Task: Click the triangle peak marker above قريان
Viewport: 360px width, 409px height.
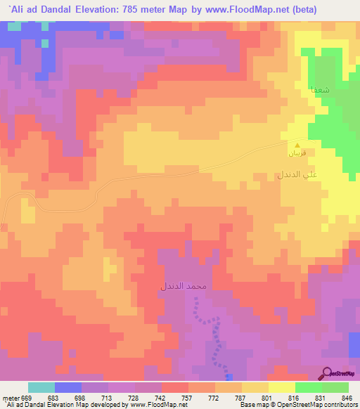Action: [296, 145]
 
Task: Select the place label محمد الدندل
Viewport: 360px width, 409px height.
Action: [183, 287]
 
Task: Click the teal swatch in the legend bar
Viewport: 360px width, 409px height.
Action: [41, 387]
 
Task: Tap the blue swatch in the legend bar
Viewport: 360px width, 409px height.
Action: [68, 387]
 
